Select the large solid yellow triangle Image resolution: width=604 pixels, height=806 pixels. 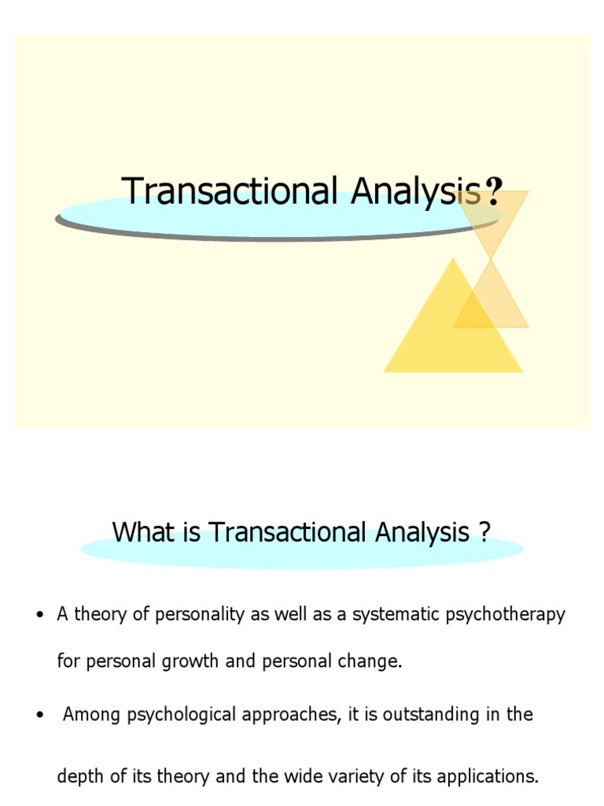click(x=452, y=331)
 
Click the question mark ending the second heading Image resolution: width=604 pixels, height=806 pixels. click(x=484, y=533)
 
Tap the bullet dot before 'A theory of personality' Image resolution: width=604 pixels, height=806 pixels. click(x=37, y=616)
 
